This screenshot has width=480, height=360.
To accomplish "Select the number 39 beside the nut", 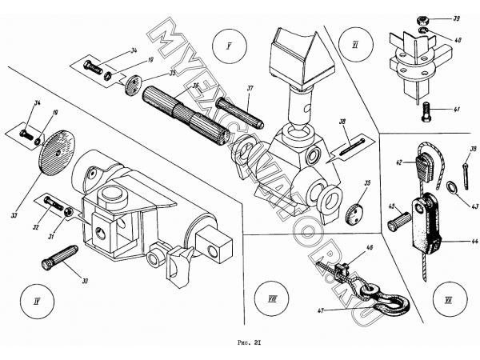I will [x=455, y=18].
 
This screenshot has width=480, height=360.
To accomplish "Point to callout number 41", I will [x=456, y=108].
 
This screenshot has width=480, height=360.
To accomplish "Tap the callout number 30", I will [x=86, y=279].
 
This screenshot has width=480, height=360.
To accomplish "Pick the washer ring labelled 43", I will [x=453, y=187].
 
